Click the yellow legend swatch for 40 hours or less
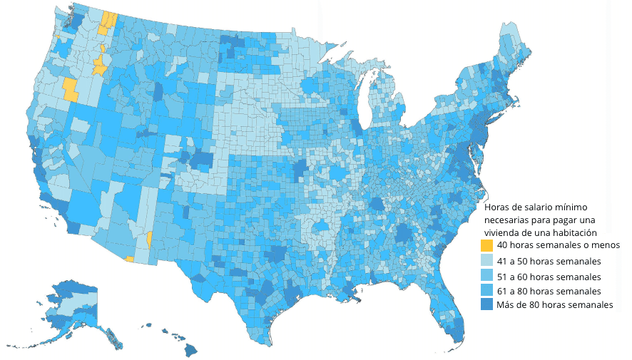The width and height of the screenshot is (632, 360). (x=487, y=245)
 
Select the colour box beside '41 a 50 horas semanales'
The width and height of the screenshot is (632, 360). (x=487, y=261)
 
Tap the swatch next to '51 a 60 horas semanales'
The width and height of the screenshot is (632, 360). (x=487, y=276)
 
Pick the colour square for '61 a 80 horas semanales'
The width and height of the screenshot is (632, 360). (x=487, y=291)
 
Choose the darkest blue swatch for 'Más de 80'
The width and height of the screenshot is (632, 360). (x=487, y=305)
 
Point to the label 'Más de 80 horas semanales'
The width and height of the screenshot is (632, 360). (x=554, y=305)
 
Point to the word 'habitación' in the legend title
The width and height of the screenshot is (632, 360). (x=574, y=232)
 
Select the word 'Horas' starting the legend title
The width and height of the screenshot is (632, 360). (x=498, y=206)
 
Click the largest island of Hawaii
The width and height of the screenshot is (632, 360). (x=191, y=350)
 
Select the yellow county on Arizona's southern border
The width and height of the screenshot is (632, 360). (x=129, y=259)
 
